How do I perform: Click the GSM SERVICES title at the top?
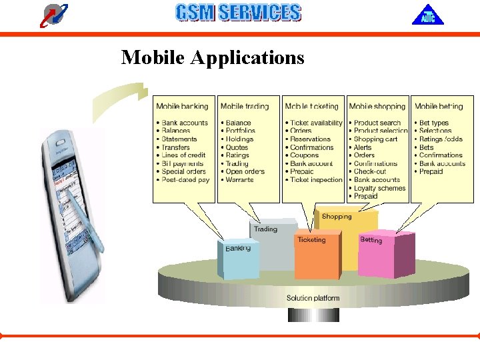click(238, 13)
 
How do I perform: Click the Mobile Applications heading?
click(212, 58)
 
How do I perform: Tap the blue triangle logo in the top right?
click(427, 15)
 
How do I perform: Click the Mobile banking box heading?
click(182, 106)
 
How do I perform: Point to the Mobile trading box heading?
click(245, 106)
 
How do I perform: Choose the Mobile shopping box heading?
click(377, 106)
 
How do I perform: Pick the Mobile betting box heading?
click(439, 106)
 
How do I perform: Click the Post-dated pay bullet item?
click(185, 180)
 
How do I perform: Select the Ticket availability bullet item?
click(316, 123)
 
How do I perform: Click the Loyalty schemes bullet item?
click(379, 188)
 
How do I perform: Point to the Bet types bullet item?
click(434, 123)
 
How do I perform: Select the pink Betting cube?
click(377, 253)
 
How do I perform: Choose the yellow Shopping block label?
click(336, 217)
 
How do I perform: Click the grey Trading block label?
click(265, 229)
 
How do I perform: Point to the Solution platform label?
click(313, 298)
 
